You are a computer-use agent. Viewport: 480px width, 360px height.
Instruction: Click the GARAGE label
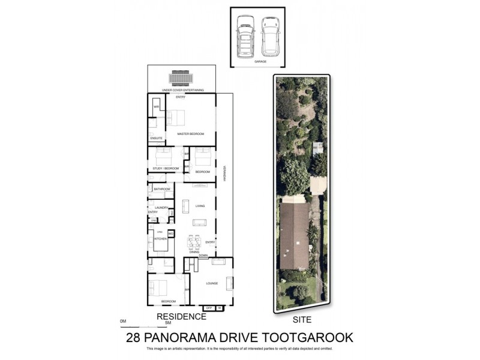tap(260, 61)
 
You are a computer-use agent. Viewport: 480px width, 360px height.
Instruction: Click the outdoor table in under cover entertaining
tap(181, 79)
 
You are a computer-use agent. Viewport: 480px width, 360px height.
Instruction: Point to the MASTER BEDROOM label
tap(191, 134)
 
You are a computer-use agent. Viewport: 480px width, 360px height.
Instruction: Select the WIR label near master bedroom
tap(156, 107)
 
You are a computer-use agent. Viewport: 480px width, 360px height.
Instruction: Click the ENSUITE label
tap(156, 138)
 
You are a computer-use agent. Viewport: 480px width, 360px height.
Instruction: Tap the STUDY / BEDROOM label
tap(166, 169)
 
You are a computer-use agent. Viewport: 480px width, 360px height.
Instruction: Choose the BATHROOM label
tap(162, 190)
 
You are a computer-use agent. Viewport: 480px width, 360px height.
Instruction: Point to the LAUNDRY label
tap(161, 208)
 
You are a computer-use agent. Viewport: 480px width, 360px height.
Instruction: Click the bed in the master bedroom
tap(178, 118)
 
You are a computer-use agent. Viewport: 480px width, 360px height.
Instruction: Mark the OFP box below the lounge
tap(209, 308)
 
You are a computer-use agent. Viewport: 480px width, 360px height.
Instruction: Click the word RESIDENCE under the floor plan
tap(182, 316)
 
